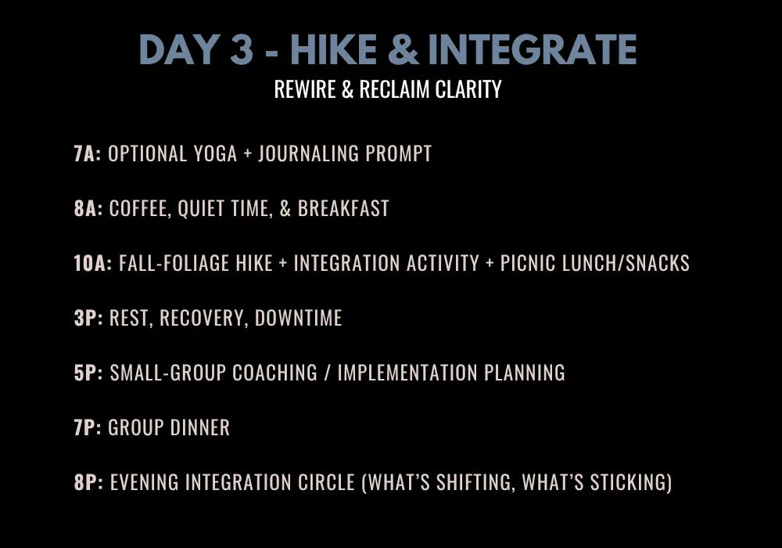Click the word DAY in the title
click(x=179, y=49)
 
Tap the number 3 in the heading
click(x=242, y=49)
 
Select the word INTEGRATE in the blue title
click(x=532, y=49)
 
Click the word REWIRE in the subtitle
click(x=305, y=89)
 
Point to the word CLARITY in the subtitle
click(x=468, y=89)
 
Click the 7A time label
click(x=88, y=153)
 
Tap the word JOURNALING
click(x=308, y=153)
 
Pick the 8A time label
click(x=88, y=208)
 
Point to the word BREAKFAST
click(x=343, y=208)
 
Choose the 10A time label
click(x=93, y=263)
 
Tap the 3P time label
click(x=88, y=318)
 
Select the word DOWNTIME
click(x=298, y=318)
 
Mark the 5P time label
click(x=88, y=373)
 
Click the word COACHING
click(x=274, y=373)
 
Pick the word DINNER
click(x=200, y=427)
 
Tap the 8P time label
click(x=88, y=482)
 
